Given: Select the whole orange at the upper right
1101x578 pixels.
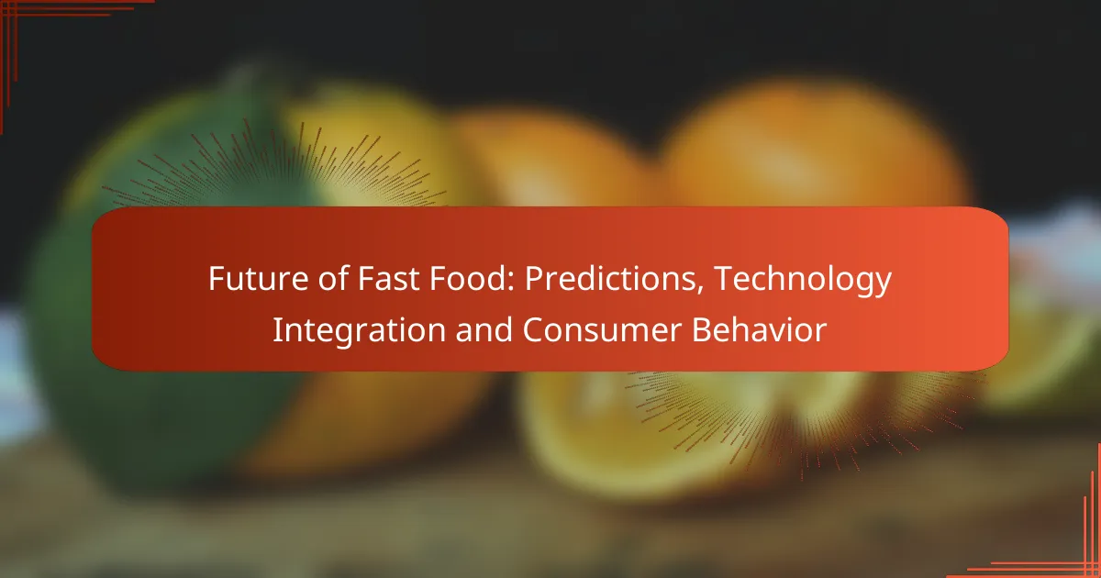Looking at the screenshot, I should click(807, 147).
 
